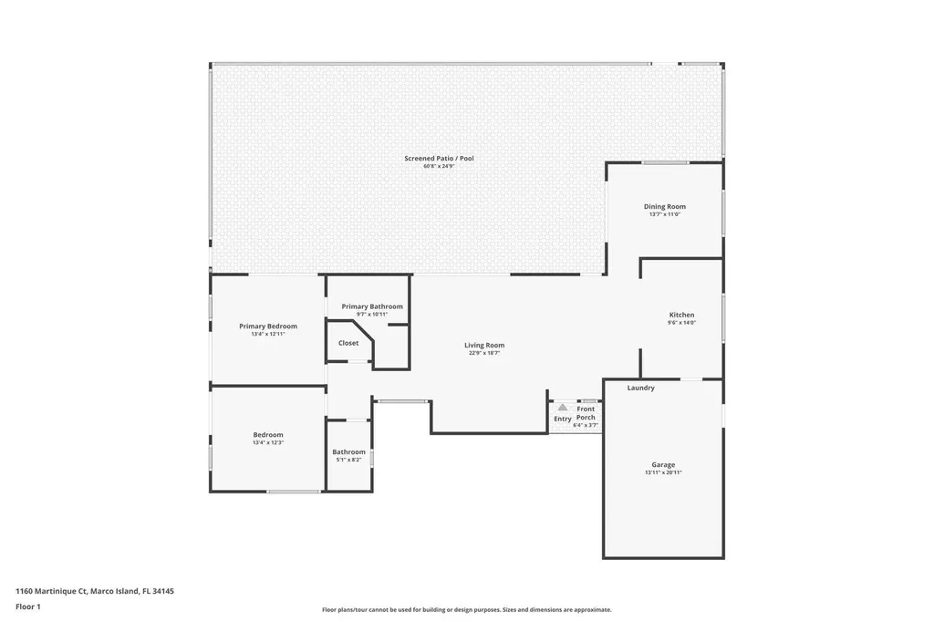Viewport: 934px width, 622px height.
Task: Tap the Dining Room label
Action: (664, 207)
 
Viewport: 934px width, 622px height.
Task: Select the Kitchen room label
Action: (681, 315)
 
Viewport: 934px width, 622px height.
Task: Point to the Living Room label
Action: (484, 345)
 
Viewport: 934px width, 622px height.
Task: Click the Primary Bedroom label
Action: (268, 326)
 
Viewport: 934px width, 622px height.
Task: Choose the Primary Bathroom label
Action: (372, 306)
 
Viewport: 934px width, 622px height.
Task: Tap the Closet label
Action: (348, 343)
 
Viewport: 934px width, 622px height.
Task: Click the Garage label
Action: (663, 464)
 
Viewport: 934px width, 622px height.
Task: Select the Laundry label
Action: (641, 388)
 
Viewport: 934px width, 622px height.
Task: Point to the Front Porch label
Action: (586, 413)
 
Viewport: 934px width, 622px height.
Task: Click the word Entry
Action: (563, 419)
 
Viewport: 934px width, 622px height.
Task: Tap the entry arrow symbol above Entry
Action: (563, 408)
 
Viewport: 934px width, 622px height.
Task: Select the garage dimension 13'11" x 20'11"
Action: (663, 472)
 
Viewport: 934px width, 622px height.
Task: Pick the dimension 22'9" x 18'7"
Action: (484, 353)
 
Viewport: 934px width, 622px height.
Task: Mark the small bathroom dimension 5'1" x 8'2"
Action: (348, 460)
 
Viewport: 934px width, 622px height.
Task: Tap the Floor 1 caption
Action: (28, 606)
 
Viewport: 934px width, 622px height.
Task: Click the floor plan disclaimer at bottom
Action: (466, 609)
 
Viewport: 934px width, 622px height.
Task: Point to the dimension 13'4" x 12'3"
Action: (268, 442)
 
